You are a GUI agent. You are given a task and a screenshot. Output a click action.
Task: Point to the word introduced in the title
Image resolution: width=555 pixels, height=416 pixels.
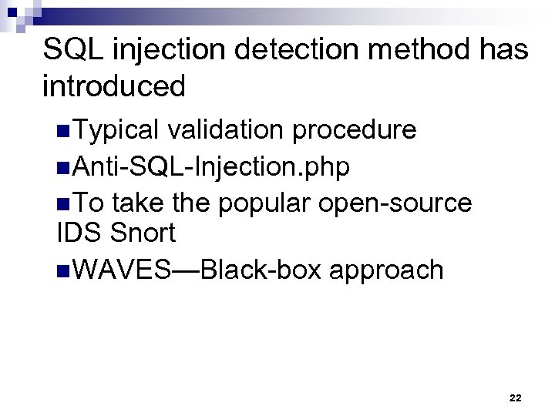pyautogui.click(x=114, y=86)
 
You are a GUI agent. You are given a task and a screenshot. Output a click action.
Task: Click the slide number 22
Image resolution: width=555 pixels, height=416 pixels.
pyautogui.click(x=516, y=398)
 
